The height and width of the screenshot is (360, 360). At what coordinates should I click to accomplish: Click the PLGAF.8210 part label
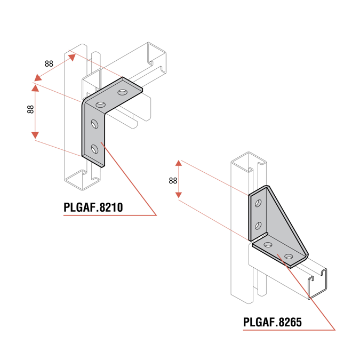[93, 207]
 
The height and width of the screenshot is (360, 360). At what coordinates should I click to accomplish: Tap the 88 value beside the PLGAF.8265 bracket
[172, 181]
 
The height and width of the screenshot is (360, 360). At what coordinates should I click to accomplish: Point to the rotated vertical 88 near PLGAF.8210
[30, 109]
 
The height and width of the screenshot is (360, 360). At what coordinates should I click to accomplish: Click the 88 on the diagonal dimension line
[49, 63]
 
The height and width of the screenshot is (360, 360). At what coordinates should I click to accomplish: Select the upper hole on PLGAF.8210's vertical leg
[94, 124]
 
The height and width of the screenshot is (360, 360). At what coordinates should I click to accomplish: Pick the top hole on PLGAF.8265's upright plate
[259, 203]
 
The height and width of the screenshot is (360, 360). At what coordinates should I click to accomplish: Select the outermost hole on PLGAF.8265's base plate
[289, 257]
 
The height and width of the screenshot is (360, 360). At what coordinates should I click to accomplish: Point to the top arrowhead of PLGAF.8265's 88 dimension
[179, 164]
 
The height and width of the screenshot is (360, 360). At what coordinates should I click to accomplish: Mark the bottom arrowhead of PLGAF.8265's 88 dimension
[179, 196]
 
